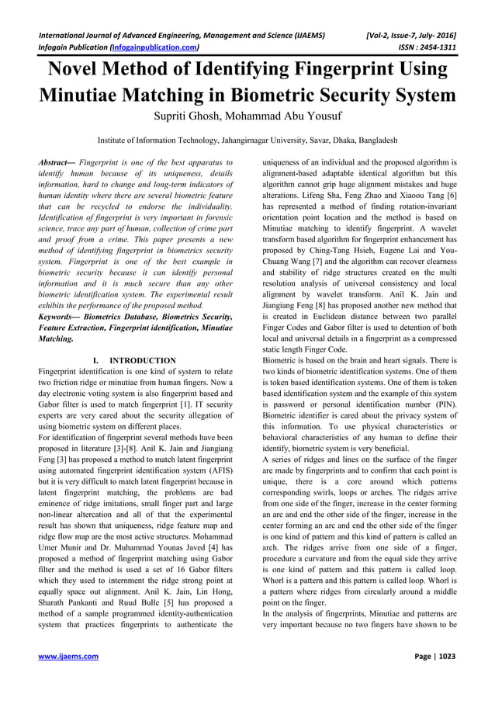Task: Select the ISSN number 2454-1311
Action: click(x=437, y=47)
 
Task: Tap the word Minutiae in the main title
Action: click(x=88, y=97)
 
